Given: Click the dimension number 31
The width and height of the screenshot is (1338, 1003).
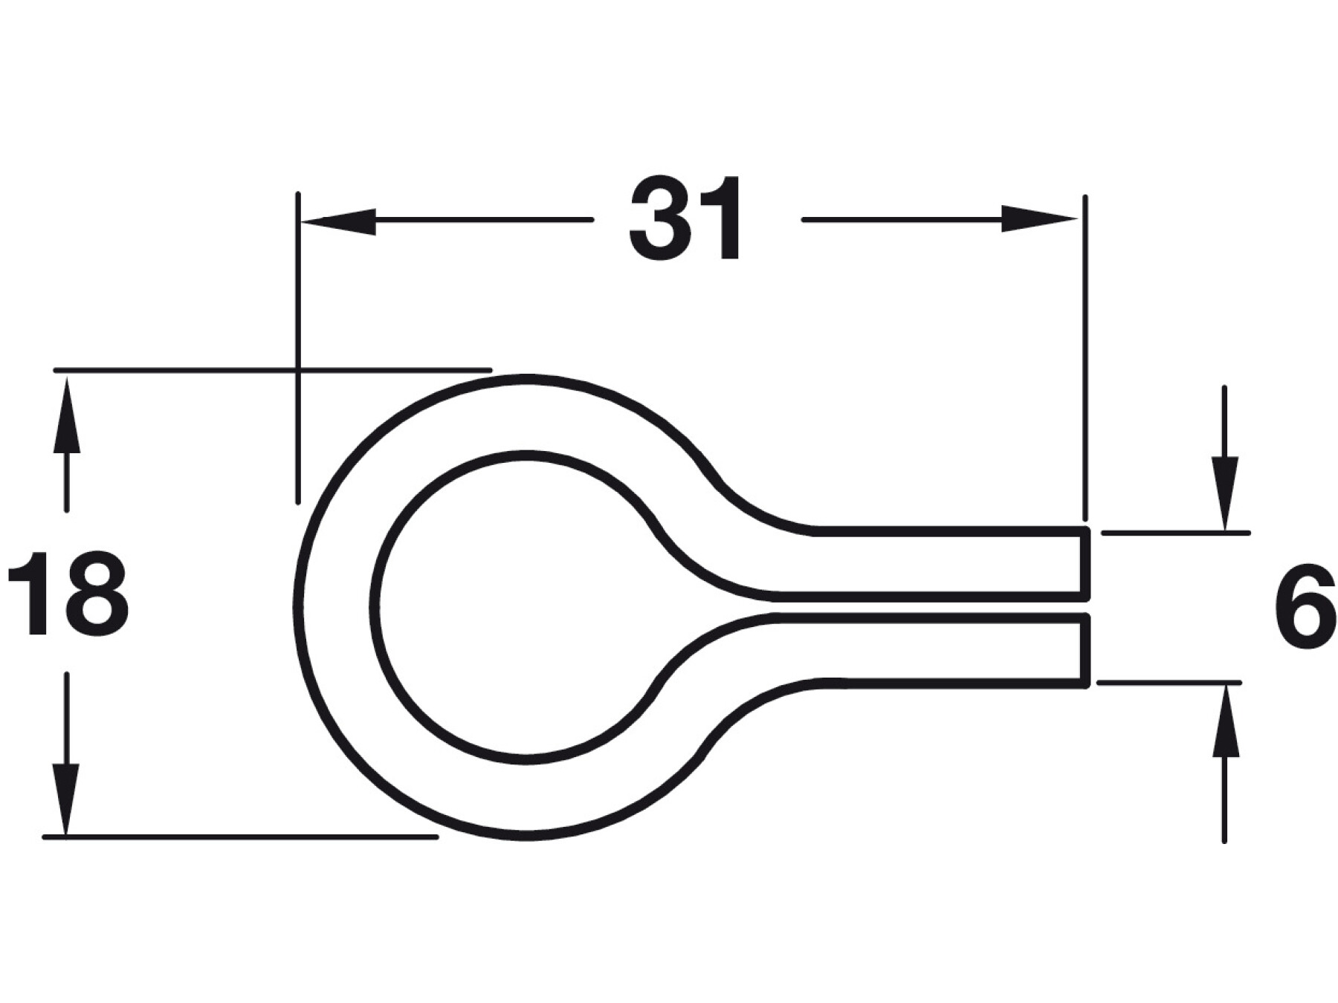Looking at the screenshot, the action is [x=685, y=218].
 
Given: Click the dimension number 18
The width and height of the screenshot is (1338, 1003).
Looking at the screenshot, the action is [x=68, y=593].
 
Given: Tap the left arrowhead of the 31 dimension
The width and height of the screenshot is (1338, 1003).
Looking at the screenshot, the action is [x=338, y=221].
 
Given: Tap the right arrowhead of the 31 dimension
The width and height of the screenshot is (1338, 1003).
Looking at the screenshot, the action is [x=1039, y=218].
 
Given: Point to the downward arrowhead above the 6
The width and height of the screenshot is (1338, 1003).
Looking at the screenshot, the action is [x=1224, y=493].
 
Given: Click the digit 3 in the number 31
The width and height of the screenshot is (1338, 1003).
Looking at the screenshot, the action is [x=660, y=218].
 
